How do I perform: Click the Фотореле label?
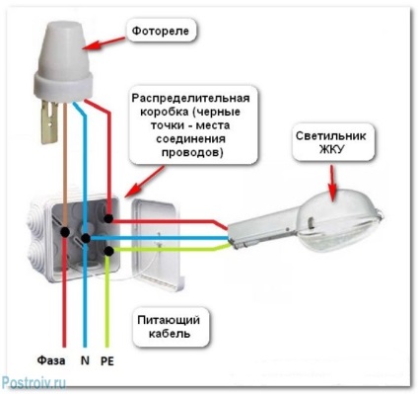(x=161, y=31)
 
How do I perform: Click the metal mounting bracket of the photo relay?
(x=49, y=121)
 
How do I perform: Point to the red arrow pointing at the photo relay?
(x=104, y=43)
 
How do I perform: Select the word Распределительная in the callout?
(x=191, y=99)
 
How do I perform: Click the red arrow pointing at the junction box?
(x=145, y=181)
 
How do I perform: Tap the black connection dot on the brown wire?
(x=65, y=232)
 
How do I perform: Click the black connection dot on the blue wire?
(x=86, y=238)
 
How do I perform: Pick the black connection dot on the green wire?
(x=108, y=251)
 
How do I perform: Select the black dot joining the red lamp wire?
(x=108, y=218)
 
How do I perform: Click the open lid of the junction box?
(x=159, y=245)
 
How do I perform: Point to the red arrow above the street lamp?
(x=333, y=183)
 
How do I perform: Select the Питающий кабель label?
(x=169, y=327)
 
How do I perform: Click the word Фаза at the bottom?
(x=51, y=360)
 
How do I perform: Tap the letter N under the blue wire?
(x=85, y=360)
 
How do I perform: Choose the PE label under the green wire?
(x=107, y=360)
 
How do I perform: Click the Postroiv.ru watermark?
(x=34, y=383)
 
